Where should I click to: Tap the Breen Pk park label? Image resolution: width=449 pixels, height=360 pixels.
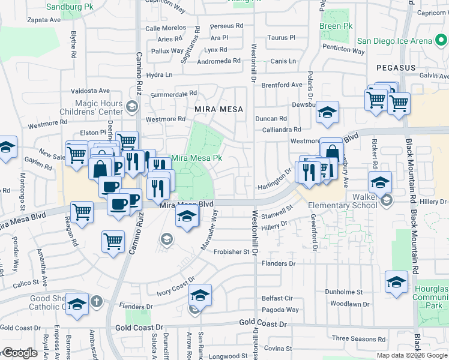pos(336,26)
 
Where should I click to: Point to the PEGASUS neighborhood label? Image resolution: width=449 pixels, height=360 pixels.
pos(396,68)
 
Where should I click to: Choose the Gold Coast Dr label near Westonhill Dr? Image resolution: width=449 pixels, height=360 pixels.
pos(264,323)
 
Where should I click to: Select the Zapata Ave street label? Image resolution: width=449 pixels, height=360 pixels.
pos(44,20)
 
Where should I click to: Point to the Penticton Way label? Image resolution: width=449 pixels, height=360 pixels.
pos(343,51)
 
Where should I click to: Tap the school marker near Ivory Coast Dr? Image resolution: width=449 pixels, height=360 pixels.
pos(200,295)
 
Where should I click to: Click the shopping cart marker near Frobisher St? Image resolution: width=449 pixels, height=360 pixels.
pos(113,242)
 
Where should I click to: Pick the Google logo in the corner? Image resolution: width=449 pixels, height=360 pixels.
pos(20,353)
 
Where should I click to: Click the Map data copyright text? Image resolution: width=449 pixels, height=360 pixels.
pos(412,355)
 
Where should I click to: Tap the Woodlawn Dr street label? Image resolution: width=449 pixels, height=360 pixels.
pos(349,304)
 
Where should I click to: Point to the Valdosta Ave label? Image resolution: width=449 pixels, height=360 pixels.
pos(91,91)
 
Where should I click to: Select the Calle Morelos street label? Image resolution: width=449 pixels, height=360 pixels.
pos(166,28)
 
